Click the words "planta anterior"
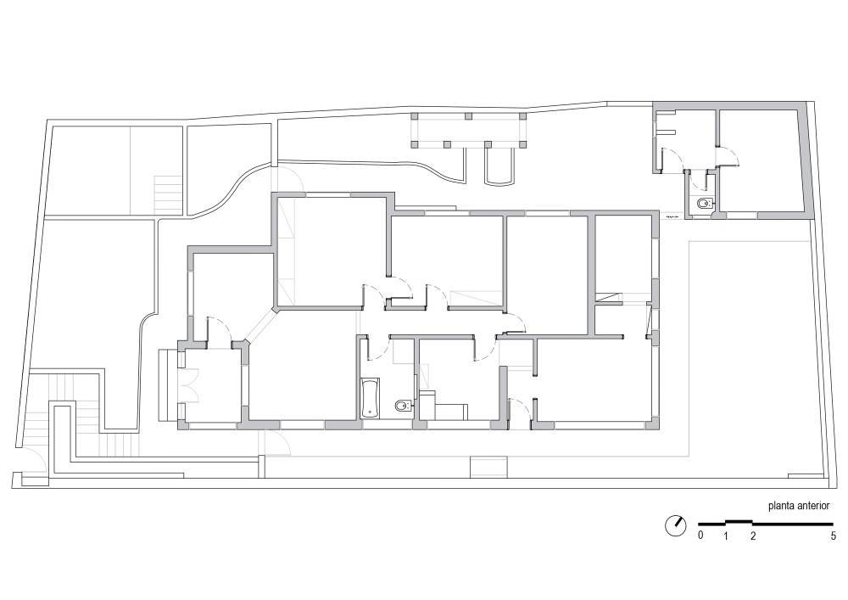pos(799,506)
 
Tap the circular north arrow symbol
pos(676,525)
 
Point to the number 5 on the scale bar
pos(834,536)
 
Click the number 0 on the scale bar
pos(701,536)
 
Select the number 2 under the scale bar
pos(753,536)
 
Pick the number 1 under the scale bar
pos(726,536)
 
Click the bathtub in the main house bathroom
pos(370,398)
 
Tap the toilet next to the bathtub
pos(404,405)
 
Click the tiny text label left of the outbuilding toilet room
pos(672,216)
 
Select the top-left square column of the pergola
pos(415,115)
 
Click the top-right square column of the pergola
pos(523,115)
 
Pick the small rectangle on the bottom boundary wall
pos(489,468)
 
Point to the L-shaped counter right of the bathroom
pos(443,407)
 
